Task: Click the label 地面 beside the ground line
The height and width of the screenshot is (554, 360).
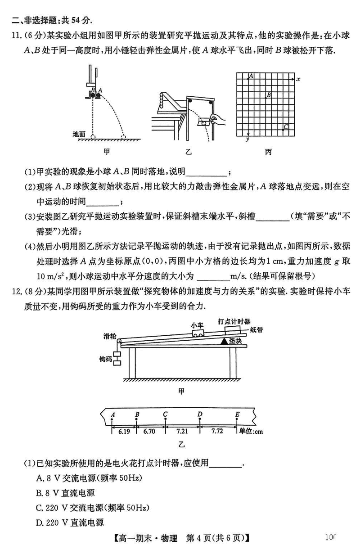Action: click(x=79, y=134)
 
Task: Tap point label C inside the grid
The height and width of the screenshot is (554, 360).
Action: click(x=286, y=126)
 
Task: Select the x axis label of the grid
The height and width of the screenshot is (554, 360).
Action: click(x=298, y=79)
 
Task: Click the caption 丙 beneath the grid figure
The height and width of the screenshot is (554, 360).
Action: click(x=268, y=152)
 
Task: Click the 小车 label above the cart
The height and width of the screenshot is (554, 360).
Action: click(x=197, y=324)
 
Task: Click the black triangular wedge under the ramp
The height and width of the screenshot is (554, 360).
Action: click(x=223, y=341)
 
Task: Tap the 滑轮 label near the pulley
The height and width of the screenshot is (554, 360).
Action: click(x=110, y=336)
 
